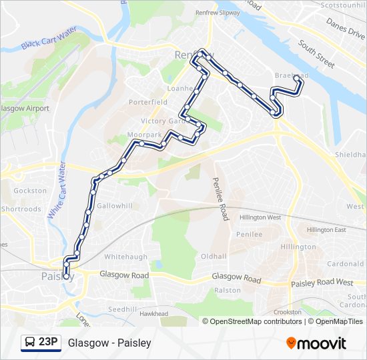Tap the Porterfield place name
click(x=149, y=103)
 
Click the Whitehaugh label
click(x=126, y=257)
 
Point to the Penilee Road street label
click(x=220, y=199)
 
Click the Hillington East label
click(x=326, y=230)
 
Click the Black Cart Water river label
click(x=49, y=38)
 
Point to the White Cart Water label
click(x=57, y=190)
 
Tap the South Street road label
click(x=316, y=54)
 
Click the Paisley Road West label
click(x=322, y=283)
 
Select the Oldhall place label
click(x=214, y=256)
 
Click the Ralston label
click(x=227, y=291)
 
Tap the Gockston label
click(x=30, y=191)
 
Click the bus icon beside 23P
click(x=30, y=343)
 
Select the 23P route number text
click(x=48, y=342)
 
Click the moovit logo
click(x=316, y=343)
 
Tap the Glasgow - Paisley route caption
click(x=109, y=343)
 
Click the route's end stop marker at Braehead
click(x=297, y=79)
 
